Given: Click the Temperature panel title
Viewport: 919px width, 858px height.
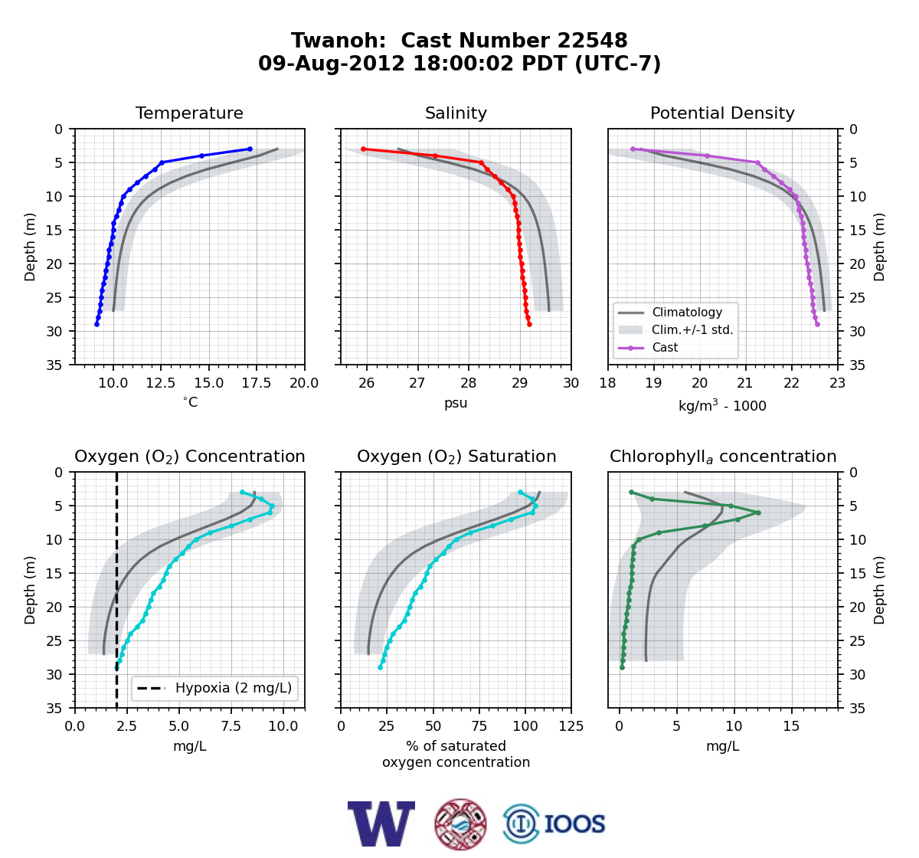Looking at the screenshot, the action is coord(189,113).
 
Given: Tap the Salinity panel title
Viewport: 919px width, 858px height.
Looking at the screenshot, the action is coord(456,113).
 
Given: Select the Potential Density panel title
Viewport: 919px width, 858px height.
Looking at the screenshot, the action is coord(722,113).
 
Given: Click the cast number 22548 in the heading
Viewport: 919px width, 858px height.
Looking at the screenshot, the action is coord(592,41).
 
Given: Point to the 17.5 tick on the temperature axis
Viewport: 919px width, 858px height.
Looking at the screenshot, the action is coord(256,383).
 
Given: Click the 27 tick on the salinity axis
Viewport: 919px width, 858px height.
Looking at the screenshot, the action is coord(417,383).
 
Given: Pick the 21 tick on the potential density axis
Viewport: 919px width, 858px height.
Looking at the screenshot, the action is coord(745,383).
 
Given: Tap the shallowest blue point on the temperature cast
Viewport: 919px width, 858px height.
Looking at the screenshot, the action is coord(250,149).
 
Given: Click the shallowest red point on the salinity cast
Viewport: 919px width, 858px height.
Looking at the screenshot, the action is coord(363,149).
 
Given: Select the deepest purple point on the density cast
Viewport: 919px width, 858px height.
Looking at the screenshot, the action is coord(817,324).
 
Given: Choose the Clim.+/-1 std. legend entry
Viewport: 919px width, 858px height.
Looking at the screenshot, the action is coord(675,329).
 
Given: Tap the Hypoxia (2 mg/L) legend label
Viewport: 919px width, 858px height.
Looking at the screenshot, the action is coord(234,688).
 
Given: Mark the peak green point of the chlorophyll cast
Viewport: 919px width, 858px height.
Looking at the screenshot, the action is coord(758,513).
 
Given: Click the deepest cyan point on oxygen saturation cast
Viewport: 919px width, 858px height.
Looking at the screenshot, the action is coord(381,667).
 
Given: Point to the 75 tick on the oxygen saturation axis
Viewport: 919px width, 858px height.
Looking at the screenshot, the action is coord(479,725).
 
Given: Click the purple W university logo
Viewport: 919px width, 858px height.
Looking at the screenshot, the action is coord(381,824).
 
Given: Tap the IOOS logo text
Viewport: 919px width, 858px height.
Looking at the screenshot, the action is coord(574,824).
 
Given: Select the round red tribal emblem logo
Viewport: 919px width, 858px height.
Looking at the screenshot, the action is coord(460,824).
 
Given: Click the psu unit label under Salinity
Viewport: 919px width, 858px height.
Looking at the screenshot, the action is coord(456,403).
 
